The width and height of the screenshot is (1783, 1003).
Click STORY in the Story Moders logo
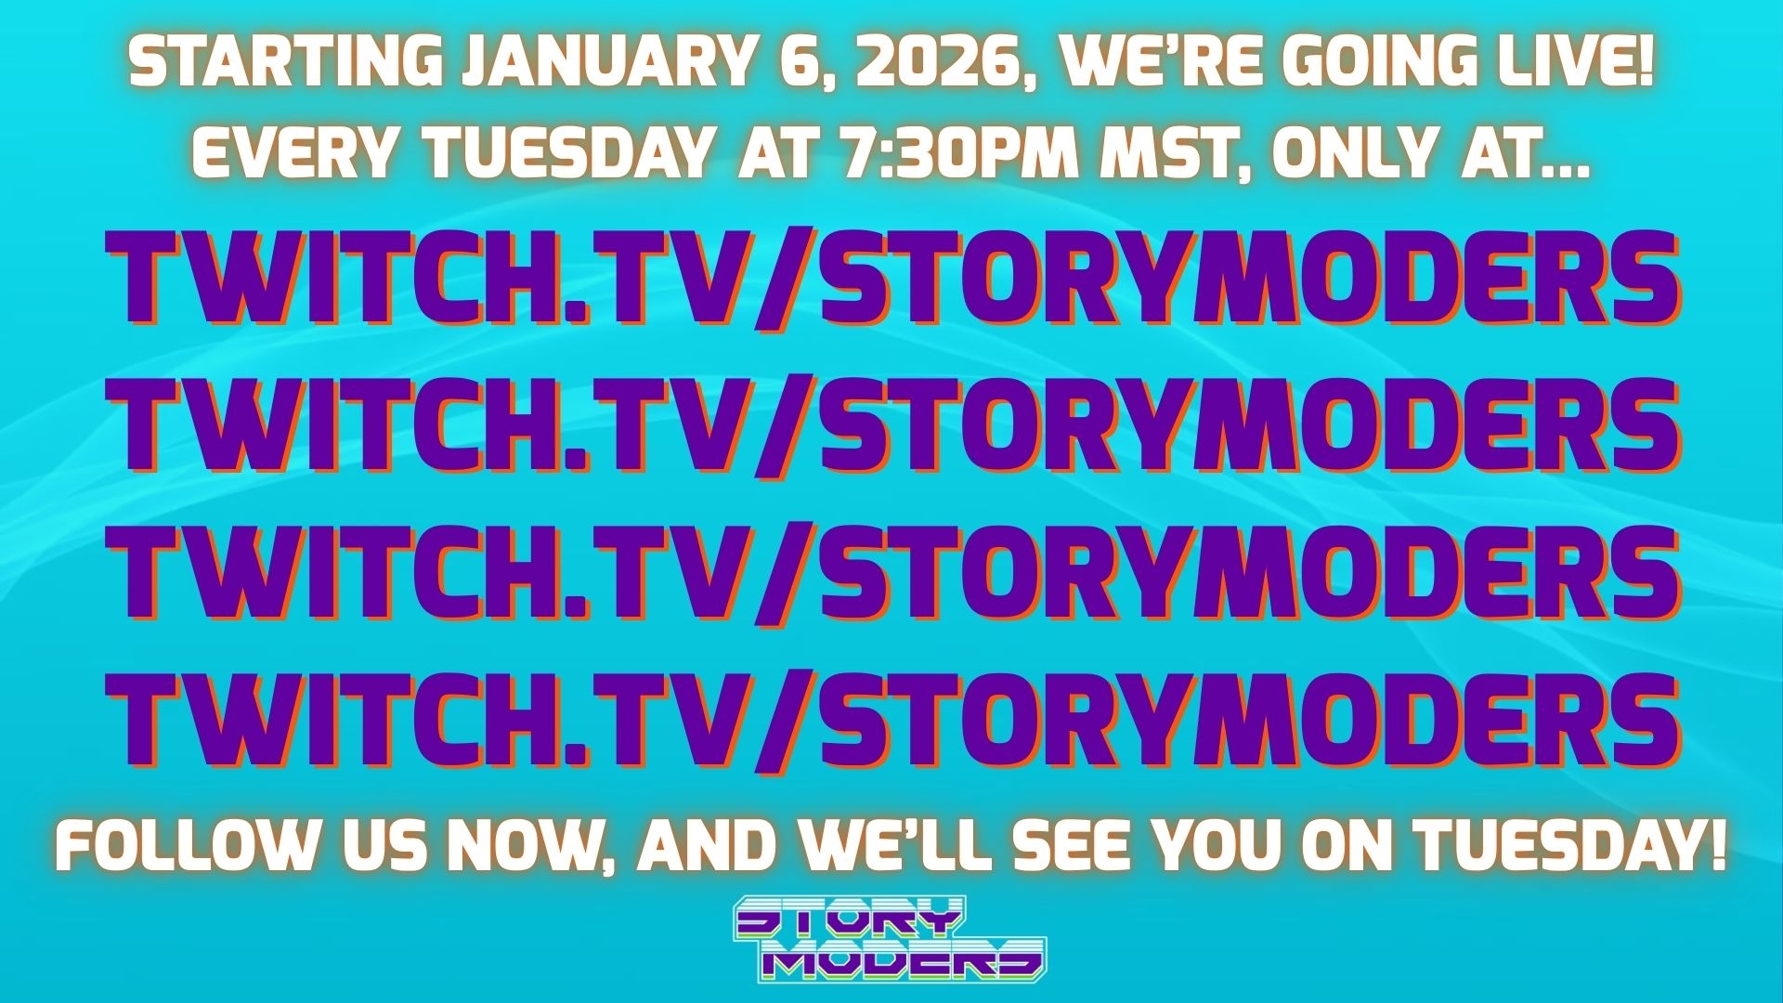847,920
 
